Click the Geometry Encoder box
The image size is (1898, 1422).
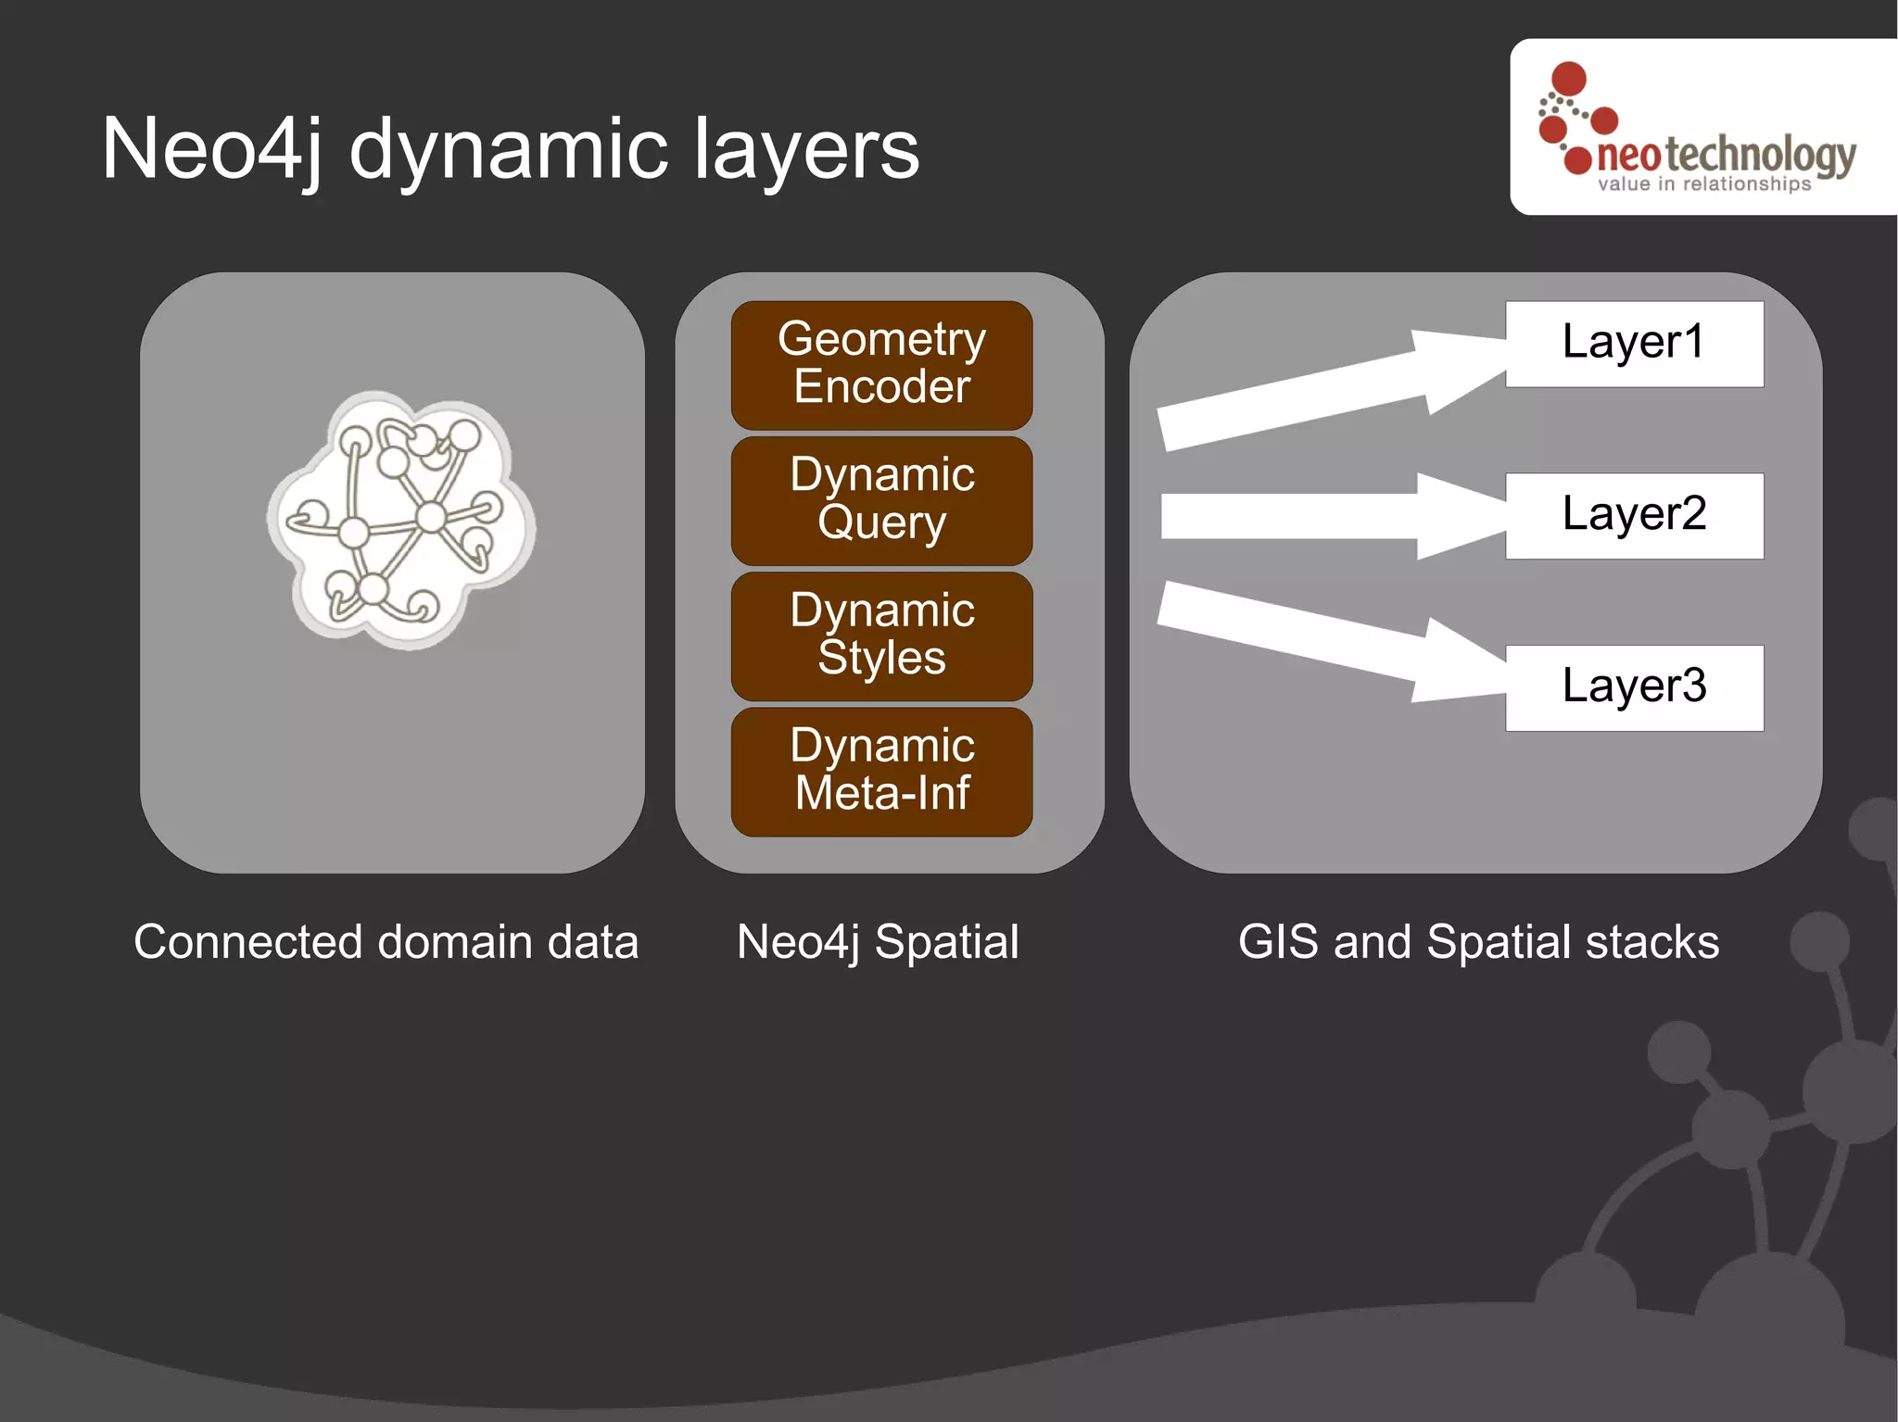coord(881,364)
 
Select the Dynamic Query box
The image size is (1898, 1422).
coord(881,500)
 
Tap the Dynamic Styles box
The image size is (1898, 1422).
coord(881,635)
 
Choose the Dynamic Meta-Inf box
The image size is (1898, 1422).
coord(881,772)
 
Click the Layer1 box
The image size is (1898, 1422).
coord(1634,344)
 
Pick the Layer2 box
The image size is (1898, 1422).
coord(1634,516)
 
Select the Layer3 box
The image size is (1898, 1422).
coord(1634,687)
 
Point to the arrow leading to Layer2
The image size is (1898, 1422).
coord(1325,516)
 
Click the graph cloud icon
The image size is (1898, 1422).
coord(400,519)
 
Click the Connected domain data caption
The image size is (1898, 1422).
coord(386,942)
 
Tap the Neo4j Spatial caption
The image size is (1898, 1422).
coord(878,942)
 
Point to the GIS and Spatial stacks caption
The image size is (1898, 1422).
coord(1478,942)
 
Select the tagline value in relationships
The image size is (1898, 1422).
coord(1703,184)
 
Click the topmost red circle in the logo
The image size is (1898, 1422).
coord(1569,79)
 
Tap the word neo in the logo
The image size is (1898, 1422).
coord(1628,156)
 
